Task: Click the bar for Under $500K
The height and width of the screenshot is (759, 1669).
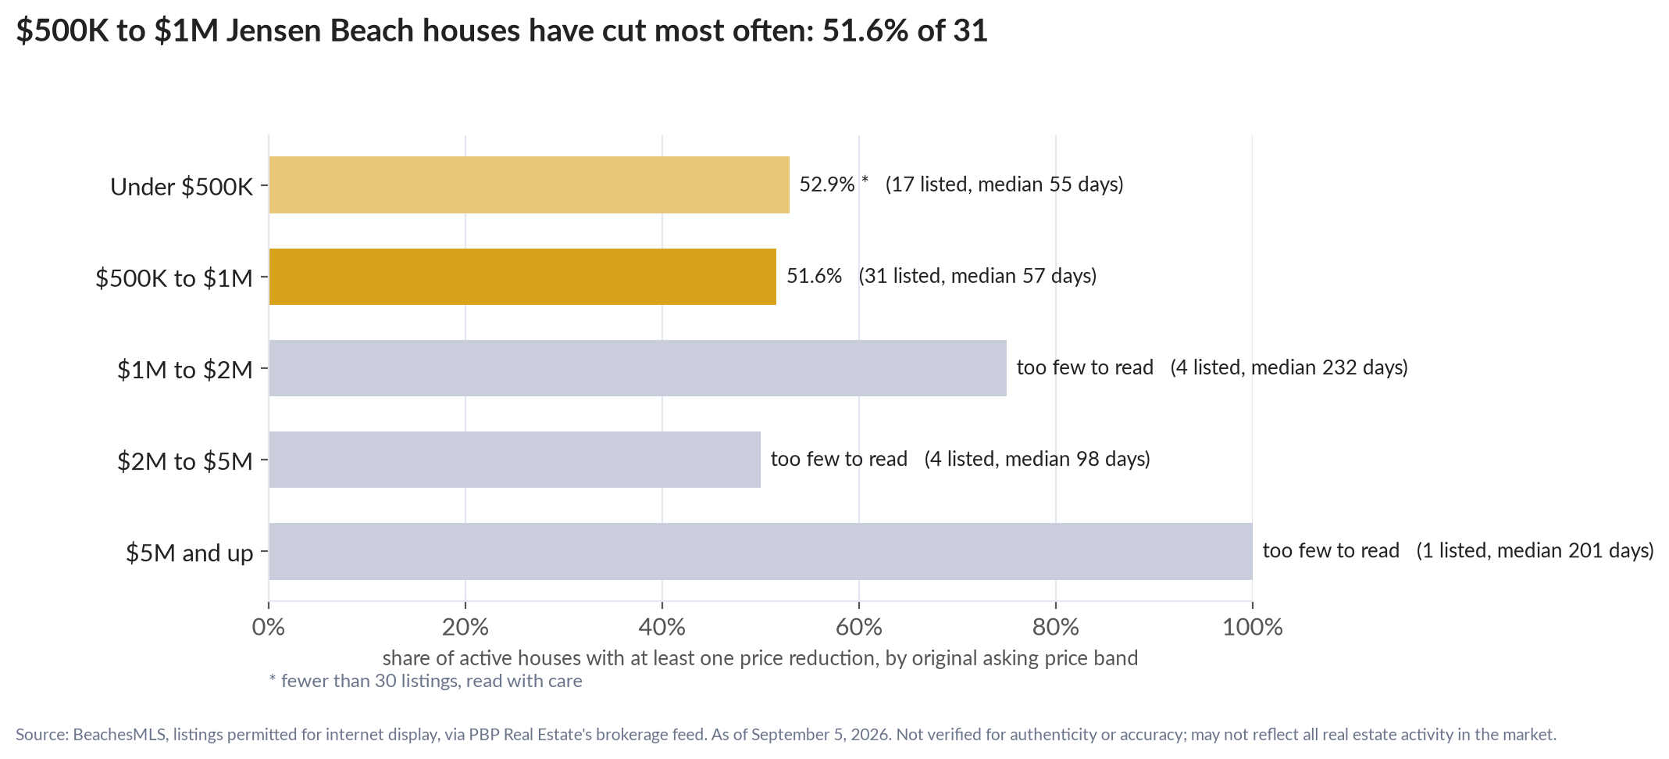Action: point(529,184)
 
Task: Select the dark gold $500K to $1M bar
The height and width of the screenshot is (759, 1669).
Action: point(522,277)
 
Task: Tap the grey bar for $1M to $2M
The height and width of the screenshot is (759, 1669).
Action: point(637,368)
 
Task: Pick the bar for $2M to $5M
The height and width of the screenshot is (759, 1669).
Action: point(515,460)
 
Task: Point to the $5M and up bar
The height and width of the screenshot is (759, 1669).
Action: point(761,551)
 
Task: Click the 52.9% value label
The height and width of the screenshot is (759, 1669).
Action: point(827,184)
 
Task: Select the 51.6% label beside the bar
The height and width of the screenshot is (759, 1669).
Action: point(814,276)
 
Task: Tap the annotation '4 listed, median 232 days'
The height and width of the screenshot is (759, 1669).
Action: point(1289,367)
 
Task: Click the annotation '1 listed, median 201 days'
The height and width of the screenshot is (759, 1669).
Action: point(1535,551)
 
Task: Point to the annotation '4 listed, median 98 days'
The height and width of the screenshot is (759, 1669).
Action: point(1037,459)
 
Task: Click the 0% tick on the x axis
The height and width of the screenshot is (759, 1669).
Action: point(269,627)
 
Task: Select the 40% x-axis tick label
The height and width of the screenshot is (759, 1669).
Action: point(662,627)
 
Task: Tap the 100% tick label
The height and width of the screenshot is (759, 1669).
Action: point(1253,627)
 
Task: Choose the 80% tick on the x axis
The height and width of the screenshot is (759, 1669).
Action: point(1056,627)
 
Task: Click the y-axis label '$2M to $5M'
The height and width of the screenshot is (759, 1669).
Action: point(185,461)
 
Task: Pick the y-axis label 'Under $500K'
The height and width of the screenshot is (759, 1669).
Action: point(182,187)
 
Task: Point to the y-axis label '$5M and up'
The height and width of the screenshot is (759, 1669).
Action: point(190,553)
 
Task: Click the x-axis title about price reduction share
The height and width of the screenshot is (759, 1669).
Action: point(760,658)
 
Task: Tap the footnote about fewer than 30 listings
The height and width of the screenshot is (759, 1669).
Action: point(426,681)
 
